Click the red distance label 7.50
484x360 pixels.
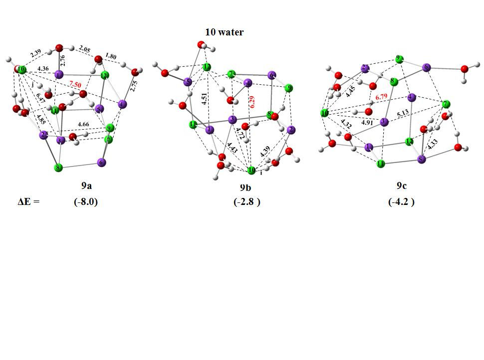[75, 85]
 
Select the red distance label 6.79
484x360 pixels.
[382, 97]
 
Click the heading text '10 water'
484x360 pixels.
[224, 32]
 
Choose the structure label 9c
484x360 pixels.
[402, 185]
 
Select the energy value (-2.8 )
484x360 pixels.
[246, 202]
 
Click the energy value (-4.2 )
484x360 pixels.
[402, 202]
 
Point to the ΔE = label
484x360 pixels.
[28, 202]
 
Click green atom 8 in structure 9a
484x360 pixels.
[58, 168]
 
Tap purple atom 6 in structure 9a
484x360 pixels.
[102, 162]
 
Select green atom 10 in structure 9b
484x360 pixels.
[251, 171]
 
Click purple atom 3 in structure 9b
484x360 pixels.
[232, 120]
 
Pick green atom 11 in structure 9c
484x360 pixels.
[381, 164]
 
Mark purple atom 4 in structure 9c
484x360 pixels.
[411, 97]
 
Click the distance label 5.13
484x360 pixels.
[403, 114]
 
